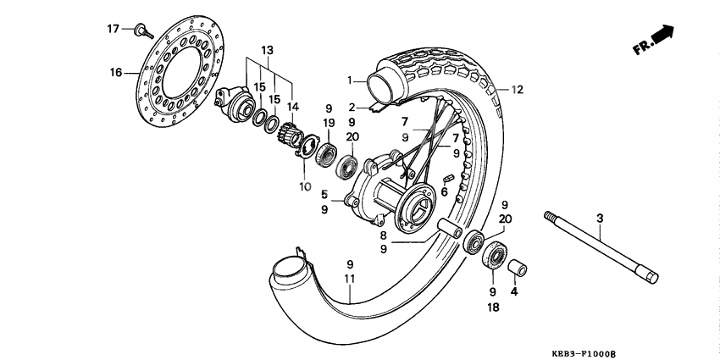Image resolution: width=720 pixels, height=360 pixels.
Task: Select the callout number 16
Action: (x=116, y=73)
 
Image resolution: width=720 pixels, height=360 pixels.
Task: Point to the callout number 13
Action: (x=268, y=50)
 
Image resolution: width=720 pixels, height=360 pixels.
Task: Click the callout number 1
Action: (x=348, y=80)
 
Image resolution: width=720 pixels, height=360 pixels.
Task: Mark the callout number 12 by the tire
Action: (x=518, y=89)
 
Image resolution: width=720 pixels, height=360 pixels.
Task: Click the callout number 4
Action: (x=513, y=291)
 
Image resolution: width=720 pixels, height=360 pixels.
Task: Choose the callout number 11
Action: (x=348, y=279)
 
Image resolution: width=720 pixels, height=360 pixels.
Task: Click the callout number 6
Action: (x=444, y=192)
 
